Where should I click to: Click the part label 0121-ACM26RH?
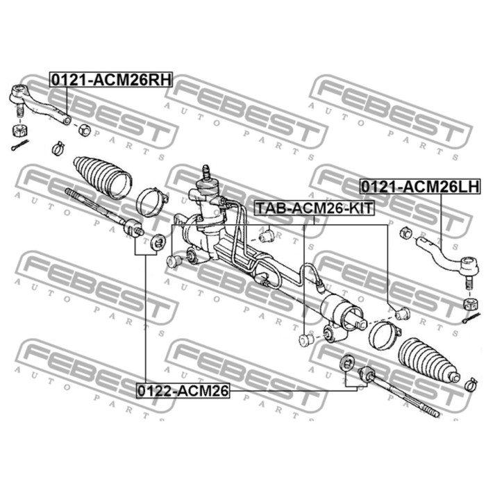pyautogui.click(x=111, y=80)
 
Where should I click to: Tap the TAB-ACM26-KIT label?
pyautogui.click(x=315, y=208)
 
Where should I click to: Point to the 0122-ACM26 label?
pyautogui.click(x=183, y=390)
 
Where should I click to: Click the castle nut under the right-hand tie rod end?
pyautogui.click(x=20, y=131)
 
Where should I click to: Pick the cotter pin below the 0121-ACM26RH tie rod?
pyautogui.click(x=20, y=145)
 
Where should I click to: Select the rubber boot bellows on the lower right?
pyautogui.click(x=428, y=359)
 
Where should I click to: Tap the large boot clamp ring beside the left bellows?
pyautogui.click(x=152, y=203)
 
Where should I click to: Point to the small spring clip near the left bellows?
pyautogui.click(x=58, y=148)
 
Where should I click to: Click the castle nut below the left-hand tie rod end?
pyautogui.click(x=469, y=304)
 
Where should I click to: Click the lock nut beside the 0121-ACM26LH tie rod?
pyautogui.click(x=405, y=233)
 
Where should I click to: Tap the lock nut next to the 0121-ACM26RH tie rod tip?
pyautogui.click(x=84, y=130)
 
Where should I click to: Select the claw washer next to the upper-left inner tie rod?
pyautogui.click(x=158, y=242)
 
